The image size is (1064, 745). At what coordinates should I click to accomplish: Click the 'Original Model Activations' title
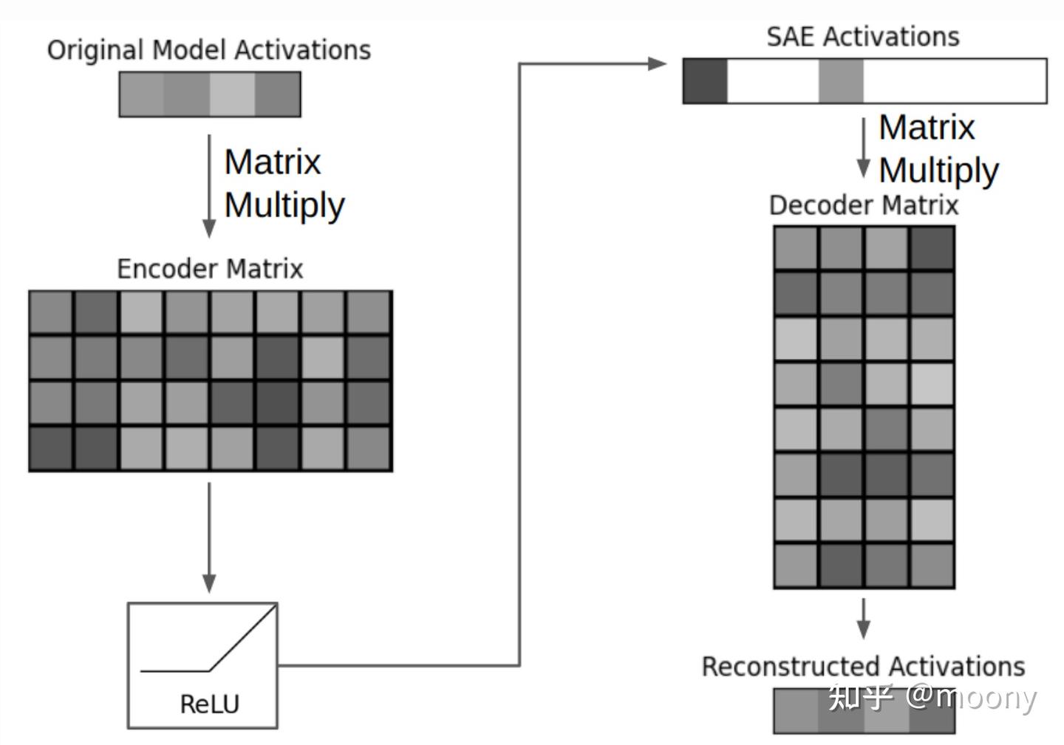pos(209,50)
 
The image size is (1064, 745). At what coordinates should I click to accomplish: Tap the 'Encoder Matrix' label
pos(210,269)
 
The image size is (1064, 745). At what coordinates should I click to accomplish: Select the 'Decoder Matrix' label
pos(864,205)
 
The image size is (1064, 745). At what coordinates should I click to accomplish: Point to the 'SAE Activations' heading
pos(863,37)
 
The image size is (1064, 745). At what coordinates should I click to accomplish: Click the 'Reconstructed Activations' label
pos(864,666)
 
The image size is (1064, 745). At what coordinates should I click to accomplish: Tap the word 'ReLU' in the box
pos(210,704)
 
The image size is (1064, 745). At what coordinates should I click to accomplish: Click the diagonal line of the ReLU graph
pos(242,638)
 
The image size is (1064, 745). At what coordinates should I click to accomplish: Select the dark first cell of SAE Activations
pos(706,81)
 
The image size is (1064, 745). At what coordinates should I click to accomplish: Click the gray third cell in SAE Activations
pos(841,81)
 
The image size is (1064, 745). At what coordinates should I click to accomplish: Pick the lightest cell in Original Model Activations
pos(232,94)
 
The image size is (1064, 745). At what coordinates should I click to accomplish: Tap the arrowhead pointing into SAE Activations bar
pos(658,63)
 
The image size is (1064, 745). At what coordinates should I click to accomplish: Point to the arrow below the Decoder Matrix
pos(864,619)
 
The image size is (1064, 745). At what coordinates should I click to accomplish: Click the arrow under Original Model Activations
pos(209,186)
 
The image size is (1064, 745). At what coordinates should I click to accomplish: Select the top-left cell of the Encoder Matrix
pos(51,312)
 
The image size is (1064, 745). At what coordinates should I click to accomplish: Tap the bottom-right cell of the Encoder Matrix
pos(369,448)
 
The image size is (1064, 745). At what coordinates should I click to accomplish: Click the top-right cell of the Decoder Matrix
pos(932,247)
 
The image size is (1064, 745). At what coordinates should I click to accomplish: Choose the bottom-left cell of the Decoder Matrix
pos(796,565)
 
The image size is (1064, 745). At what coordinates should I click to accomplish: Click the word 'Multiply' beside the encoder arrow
pos(284,206)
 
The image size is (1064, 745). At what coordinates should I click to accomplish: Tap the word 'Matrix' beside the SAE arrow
pos(927,128)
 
